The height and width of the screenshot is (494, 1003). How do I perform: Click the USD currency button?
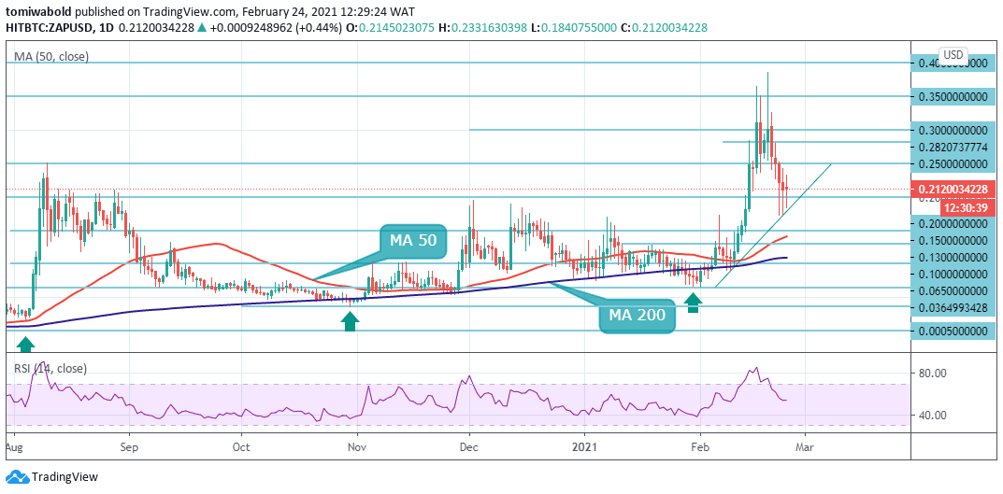coord(953,55)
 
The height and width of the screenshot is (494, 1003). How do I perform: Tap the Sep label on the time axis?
coord(129,446)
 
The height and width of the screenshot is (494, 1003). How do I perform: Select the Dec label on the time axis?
coord(469,446)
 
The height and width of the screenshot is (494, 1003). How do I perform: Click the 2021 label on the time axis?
coord(585,446)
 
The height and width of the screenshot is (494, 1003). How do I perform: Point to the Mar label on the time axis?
coord(805,446)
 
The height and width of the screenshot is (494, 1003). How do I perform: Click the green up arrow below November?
coord(350,322)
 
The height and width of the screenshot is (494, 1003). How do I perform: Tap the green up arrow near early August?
coord(25,343)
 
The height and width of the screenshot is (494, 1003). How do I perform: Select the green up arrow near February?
coord(693,302)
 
